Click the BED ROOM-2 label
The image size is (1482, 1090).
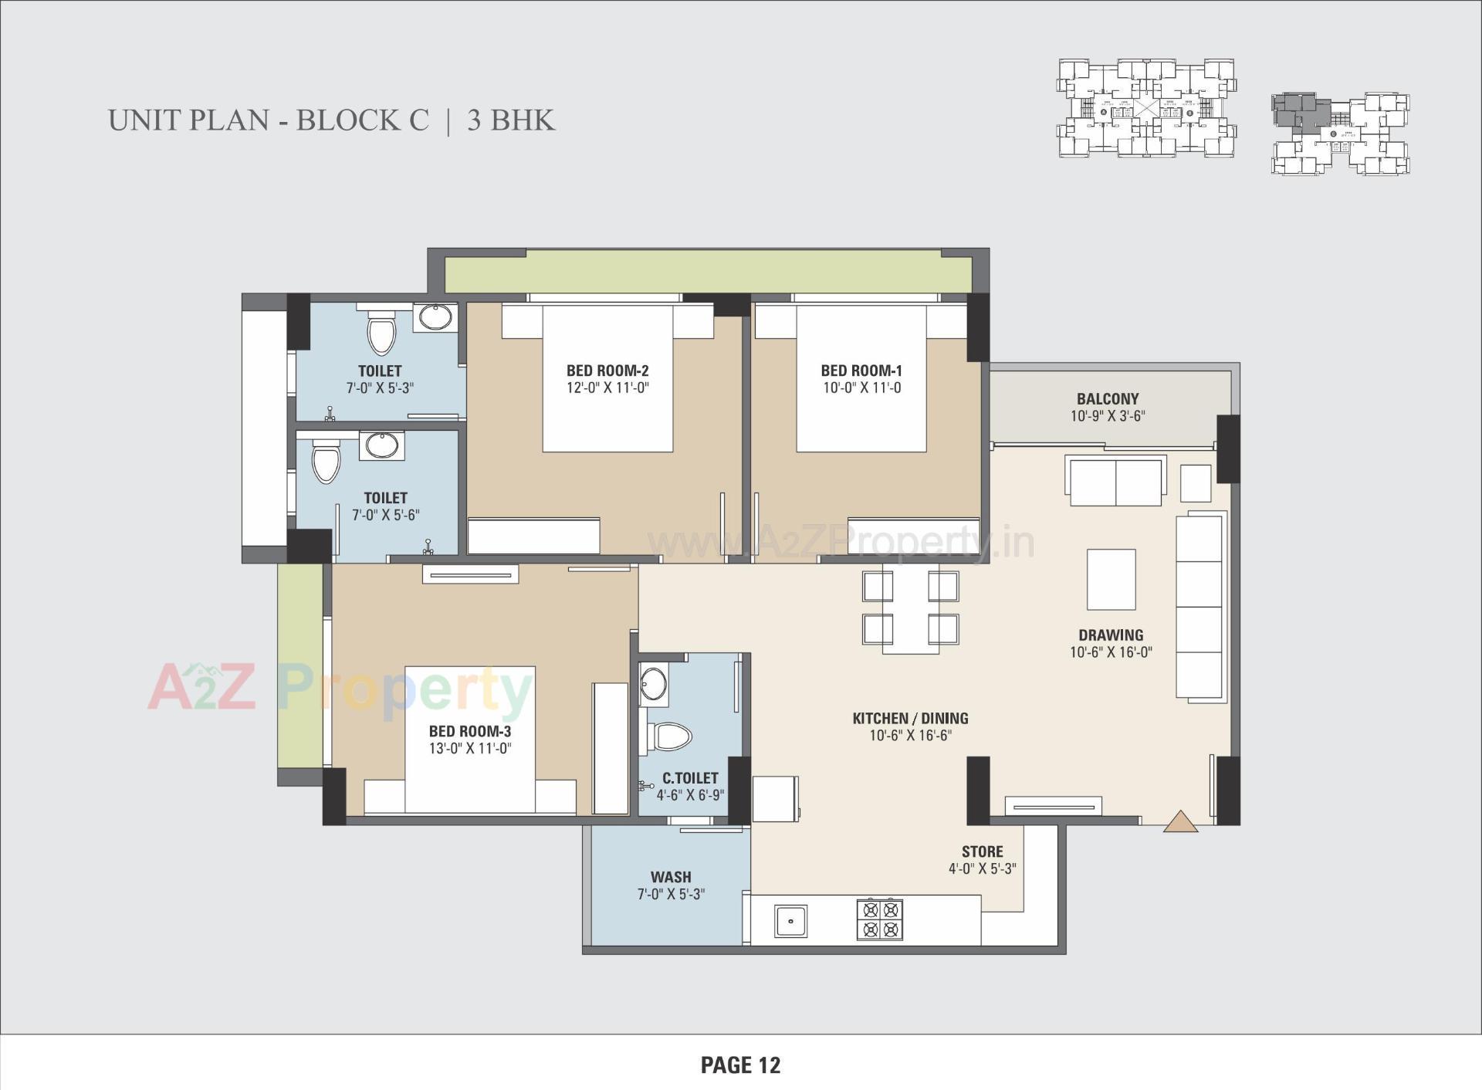point(607,371)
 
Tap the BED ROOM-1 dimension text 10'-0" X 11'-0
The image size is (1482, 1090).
point(861,388)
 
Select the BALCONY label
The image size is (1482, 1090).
point(1108,399)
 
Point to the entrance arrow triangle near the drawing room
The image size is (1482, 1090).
point(1180,822)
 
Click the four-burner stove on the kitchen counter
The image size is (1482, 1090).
point(879,919)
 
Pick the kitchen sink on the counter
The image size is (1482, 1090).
point(790,921)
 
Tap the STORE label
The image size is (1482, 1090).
point(982,851)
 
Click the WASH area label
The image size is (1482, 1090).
point(670,877)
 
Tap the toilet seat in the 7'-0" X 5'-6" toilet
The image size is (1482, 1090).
point(326,462)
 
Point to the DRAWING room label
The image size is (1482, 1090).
point(1111,635)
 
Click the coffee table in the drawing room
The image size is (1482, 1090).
point(1111,579)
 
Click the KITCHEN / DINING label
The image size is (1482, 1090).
point(910,719)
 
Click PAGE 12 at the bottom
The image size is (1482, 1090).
point(740,1065)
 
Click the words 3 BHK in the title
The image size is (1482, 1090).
point(510,120)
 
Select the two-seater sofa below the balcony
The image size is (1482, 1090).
point(1115,481)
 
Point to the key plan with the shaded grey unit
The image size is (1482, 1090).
point(1340,133)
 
